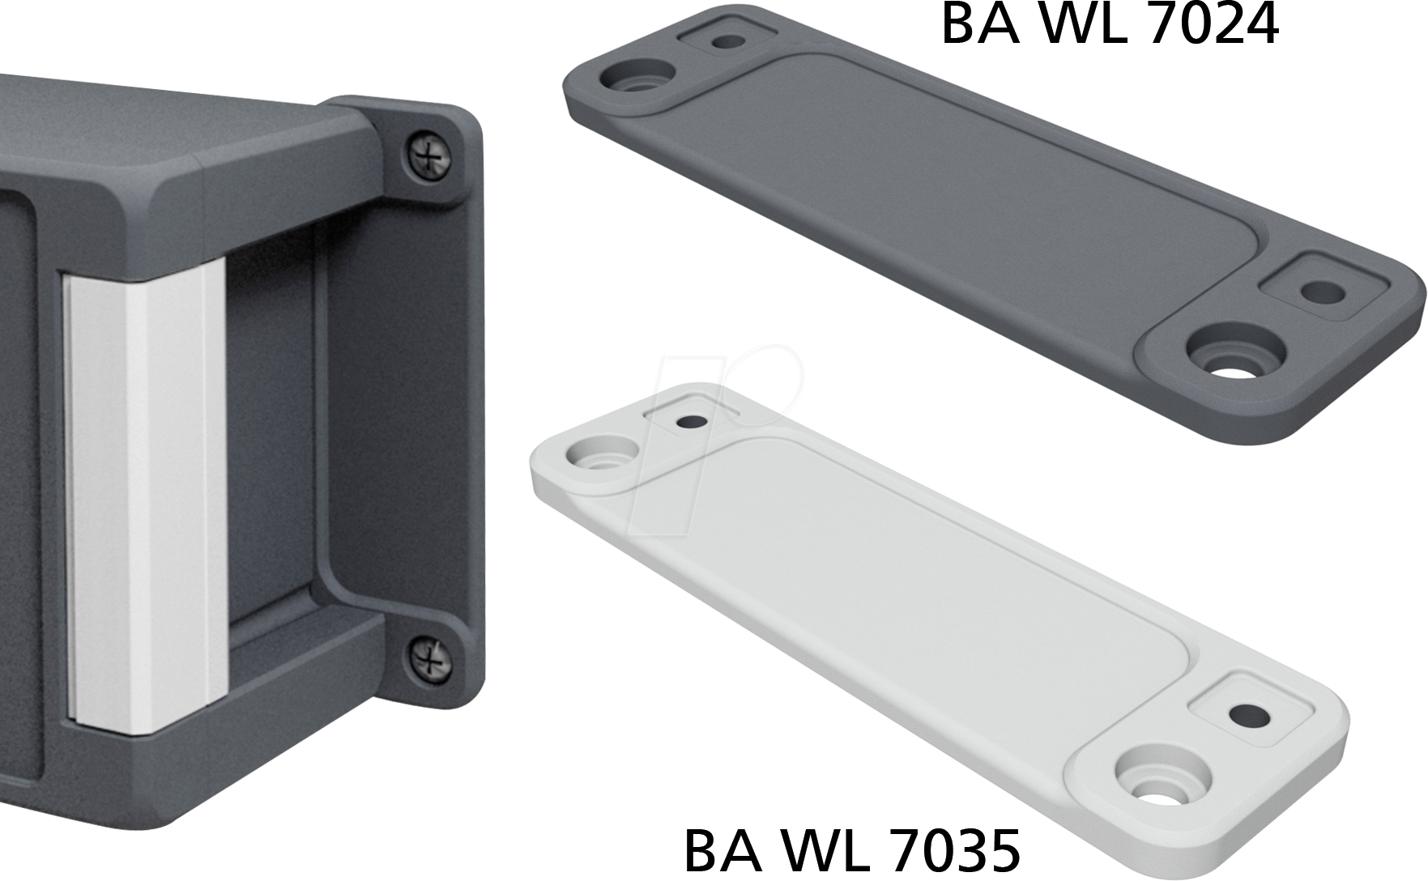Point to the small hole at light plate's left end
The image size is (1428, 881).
[x=693, y=422]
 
